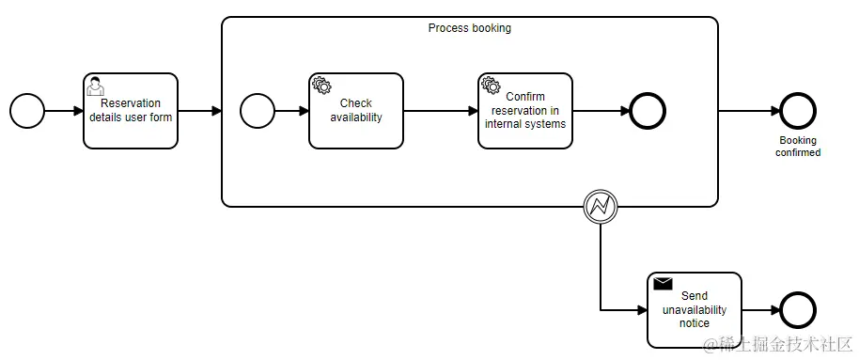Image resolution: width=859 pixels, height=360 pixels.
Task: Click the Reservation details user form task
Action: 131,111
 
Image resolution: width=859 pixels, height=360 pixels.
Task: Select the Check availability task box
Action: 355,111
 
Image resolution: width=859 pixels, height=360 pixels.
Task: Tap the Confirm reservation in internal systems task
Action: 524,111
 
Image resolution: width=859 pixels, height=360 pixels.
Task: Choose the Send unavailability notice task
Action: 695,310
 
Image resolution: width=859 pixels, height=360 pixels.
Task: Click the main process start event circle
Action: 27,111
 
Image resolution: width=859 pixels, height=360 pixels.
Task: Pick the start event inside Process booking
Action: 257,111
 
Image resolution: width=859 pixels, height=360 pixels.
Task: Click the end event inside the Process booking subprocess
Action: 648,111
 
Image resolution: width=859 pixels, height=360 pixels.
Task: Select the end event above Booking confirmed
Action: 797,111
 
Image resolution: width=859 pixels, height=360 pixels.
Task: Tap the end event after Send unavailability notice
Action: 798,310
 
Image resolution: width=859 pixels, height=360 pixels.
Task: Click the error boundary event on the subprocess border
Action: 600,207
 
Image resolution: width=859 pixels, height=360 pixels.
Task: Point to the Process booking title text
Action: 469,28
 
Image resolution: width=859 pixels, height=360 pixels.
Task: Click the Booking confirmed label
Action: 797,146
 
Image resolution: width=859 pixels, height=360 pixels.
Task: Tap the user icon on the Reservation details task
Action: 95,86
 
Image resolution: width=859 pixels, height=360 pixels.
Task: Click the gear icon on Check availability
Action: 321,86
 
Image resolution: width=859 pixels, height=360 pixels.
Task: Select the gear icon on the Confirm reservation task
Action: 491,86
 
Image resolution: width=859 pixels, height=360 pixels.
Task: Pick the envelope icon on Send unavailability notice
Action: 663,283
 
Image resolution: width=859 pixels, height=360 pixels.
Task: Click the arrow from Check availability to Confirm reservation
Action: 440,111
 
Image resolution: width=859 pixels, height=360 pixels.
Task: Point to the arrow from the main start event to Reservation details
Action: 64,111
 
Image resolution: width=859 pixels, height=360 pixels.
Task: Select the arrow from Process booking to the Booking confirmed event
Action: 749,111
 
